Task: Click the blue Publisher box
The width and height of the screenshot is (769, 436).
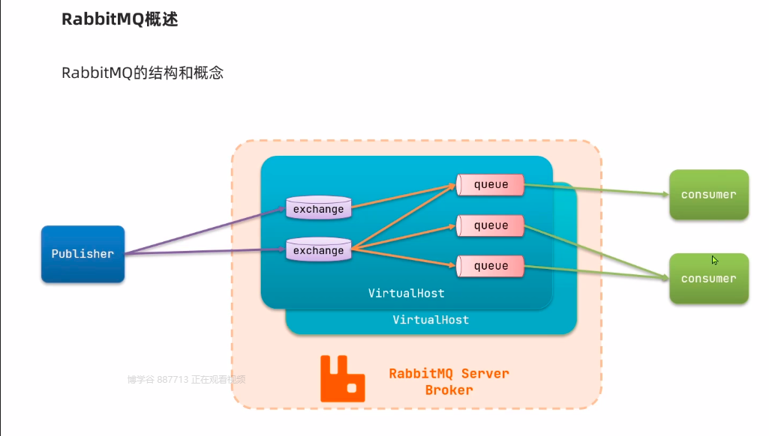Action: [83, 254]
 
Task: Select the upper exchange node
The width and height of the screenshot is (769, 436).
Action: [319, 208]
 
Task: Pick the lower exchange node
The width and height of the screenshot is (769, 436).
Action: [319, 249]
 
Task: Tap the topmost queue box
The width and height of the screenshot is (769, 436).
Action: [491, 185]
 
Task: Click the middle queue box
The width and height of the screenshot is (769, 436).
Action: [491, 225]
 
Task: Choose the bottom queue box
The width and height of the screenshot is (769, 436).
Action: [491, 266]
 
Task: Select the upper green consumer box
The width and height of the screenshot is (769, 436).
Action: [708, 195]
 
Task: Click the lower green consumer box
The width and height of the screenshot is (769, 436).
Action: [708, 279]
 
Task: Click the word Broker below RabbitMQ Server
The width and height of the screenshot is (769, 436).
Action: [449, 390]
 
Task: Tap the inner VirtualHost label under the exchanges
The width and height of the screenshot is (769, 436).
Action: [406, 293]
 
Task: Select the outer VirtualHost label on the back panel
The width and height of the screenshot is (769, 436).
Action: [431, 320]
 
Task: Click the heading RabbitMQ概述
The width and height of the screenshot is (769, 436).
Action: [119, 20]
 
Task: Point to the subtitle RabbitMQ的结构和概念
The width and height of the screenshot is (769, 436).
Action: [143, 73]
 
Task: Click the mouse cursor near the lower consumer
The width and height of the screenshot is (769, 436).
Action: [715, 260]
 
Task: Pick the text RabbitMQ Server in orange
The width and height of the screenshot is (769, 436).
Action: [449, 373]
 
